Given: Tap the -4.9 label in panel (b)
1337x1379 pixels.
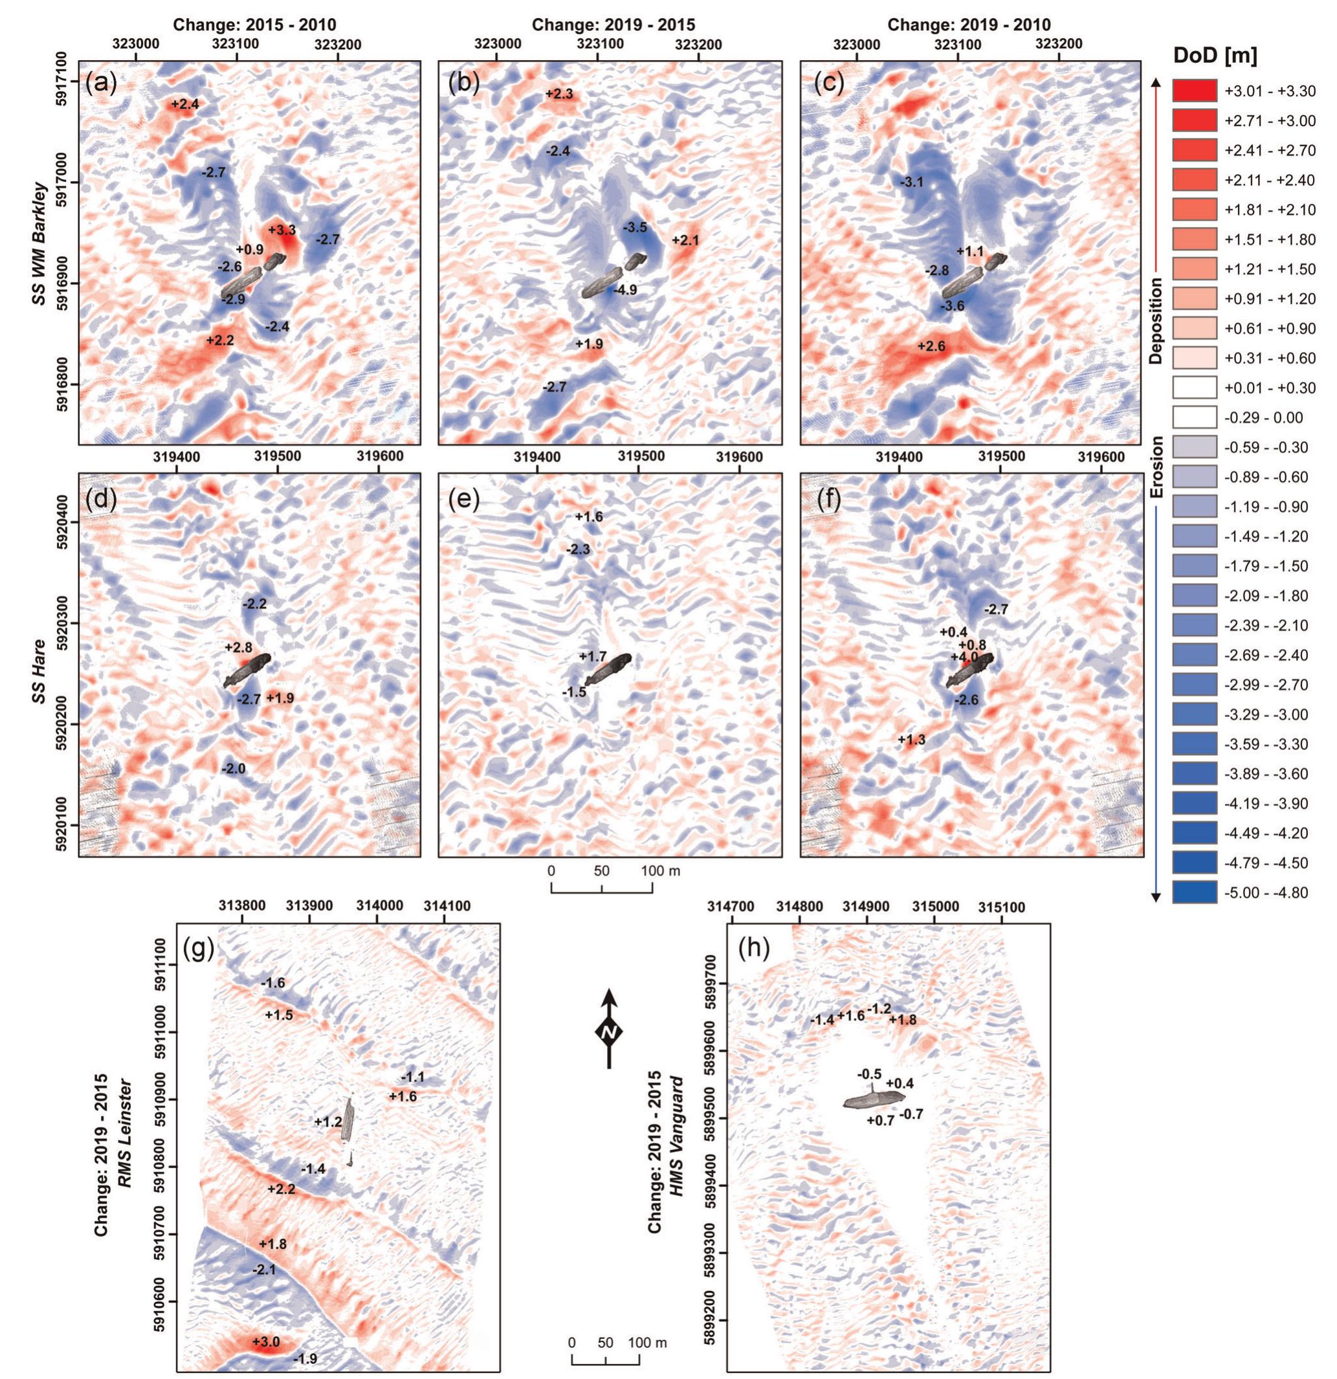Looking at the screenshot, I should tap(624, 290).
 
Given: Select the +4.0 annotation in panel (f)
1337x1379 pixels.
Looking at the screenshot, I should tap(964, 657).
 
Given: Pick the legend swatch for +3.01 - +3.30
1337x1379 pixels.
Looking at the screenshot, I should tap(1194, 91).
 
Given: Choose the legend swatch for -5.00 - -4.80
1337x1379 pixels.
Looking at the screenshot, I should tap(1194, 893).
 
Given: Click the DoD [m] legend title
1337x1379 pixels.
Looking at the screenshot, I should tap(1215, 56).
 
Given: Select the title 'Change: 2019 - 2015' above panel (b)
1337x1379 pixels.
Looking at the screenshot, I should tap(613, 25).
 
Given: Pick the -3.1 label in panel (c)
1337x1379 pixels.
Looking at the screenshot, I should tap(912, 182).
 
